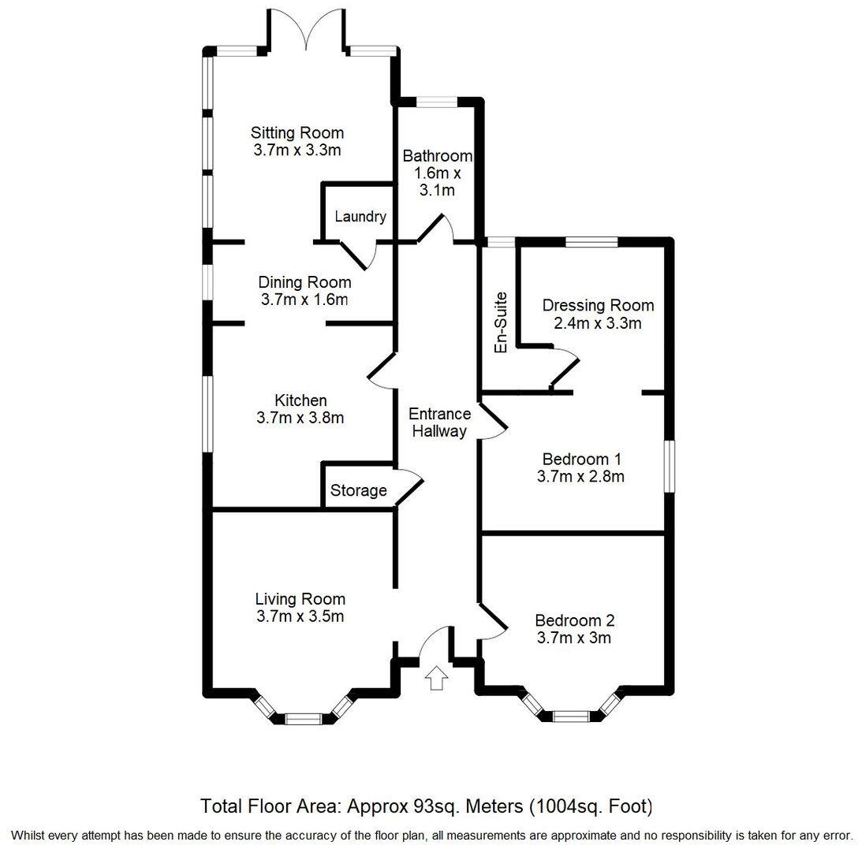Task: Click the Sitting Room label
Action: (297, 132)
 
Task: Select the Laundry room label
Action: (360, 217)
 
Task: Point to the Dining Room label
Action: (304, 282)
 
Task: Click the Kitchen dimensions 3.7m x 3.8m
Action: (300, 419)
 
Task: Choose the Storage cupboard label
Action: (358, 491)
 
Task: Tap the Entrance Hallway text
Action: (439, 422)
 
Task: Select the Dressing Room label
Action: (599, 305)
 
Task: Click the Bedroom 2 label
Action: (574, 620)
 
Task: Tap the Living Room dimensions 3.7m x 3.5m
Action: (300, 616)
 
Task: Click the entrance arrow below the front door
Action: (435, 677)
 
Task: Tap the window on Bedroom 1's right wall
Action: (669, 467)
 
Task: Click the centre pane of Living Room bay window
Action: (304, 718)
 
